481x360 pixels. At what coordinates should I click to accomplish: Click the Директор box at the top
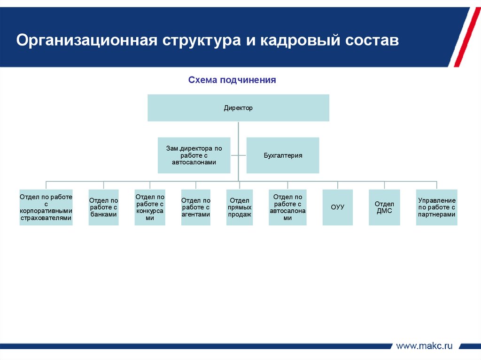click(x=238, y=108)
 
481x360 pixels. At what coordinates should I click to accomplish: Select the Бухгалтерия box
click(x=283, y=155)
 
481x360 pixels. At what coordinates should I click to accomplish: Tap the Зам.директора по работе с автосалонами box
click(x=194, y=155)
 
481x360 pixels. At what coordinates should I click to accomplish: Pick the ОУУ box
click(x=337, y=207)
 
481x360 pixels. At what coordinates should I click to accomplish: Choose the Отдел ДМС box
click(x=384, y=207)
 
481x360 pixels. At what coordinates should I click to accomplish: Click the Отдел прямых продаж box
click(x=240, y=207)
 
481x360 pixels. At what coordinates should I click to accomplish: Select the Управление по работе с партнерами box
click(x=436, y=207)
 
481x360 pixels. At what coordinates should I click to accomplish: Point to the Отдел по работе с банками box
click(x=103, y=207)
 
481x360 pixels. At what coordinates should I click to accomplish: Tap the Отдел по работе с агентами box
click(x=195, y=207)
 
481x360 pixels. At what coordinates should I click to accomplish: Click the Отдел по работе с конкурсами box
click(x=150, y=207)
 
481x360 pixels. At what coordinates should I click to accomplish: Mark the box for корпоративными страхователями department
click(x=46, y=207)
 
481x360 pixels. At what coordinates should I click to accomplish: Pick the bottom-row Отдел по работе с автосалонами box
click(x=287, y=207)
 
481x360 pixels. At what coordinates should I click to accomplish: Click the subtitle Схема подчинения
click(x=232, y=80)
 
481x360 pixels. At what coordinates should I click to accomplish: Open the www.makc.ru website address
click(x=424, y=346)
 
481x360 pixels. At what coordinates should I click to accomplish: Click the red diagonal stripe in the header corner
click(x=462, y=38)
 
